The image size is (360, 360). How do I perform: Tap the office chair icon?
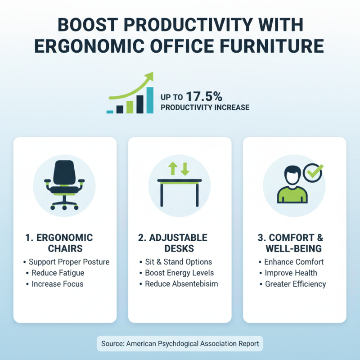(x=65, y=185)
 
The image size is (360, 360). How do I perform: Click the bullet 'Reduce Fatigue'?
(x=58, y=273)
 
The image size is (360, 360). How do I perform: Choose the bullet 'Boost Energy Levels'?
(x=179, y=273)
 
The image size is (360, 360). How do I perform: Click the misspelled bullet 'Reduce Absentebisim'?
(x=180, y=284)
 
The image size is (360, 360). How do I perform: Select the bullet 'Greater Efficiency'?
(x=295, y=284)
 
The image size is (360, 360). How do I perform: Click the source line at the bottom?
(x=180, y=343)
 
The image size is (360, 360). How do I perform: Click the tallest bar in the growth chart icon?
(x=149, y=100)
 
